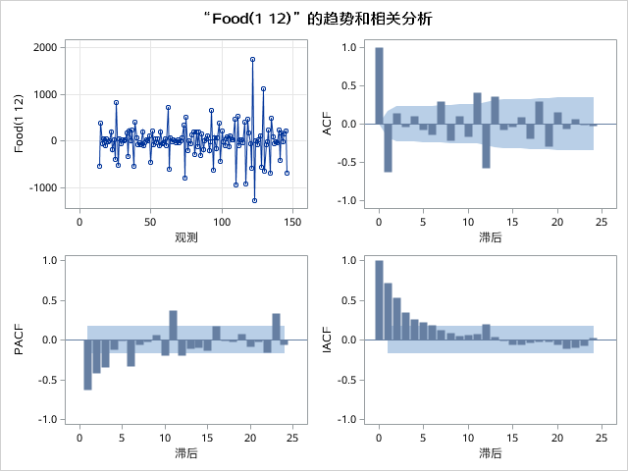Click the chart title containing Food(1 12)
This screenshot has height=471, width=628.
(314, 19)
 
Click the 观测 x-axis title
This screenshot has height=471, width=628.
(185, 237)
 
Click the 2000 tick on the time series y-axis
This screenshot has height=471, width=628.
(44, 47)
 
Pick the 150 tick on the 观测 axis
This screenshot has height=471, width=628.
(292, 221)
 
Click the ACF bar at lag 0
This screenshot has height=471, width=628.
(379, 85)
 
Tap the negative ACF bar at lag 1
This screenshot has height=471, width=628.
(388, 147)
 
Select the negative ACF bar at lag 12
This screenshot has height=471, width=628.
(486, 145)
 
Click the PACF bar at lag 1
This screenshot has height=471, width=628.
(87, 364)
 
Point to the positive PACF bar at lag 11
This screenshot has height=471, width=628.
(173, 325)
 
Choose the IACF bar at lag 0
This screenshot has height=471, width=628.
(379, 299)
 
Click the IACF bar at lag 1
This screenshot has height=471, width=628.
(388, 311)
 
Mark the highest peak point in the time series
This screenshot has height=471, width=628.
(252, 59)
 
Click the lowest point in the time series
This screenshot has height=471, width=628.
(254, 200)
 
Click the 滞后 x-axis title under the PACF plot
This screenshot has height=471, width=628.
(185, 452)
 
